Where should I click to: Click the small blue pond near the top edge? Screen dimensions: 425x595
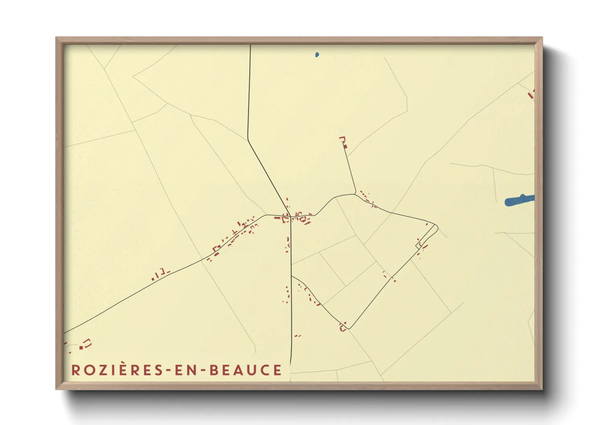point(317,54)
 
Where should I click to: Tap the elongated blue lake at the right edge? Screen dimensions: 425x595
point(519,200)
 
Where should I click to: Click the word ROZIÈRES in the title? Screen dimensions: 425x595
point(116,370)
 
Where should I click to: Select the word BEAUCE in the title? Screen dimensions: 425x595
point(245,370)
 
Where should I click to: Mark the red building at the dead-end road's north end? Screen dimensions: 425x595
point(344,143)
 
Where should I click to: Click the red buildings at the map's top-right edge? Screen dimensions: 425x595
point(531,94)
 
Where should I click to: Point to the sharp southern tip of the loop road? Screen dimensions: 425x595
point(349,328)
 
